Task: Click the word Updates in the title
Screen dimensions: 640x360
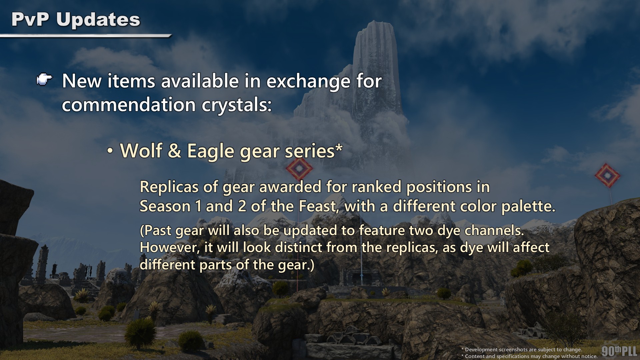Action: (x=98, y=20)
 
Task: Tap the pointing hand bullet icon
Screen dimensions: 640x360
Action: (x=44, y=80)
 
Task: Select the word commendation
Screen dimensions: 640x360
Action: (x=129, y=105)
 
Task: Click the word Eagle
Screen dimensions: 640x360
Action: (x=211, y=151)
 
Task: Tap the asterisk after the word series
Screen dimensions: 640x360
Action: (x=339, y=147)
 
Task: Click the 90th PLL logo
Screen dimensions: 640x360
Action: (x=619, y=351)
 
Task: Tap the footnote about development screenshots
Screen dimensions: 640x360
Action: (x=522, y=349)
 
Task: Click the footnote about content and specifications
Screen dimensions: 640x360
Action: (x=529, y=356)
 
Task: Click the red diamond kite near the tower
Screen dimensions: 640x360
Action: (x=299, y=168)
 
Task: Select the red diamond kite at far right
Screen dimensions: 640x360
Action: (x=607, y=175)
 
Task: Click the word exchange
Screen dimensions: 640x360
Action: (x=308, y=82)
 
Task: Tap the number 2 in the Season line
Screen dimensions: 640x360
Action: (x=242, y=207)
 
